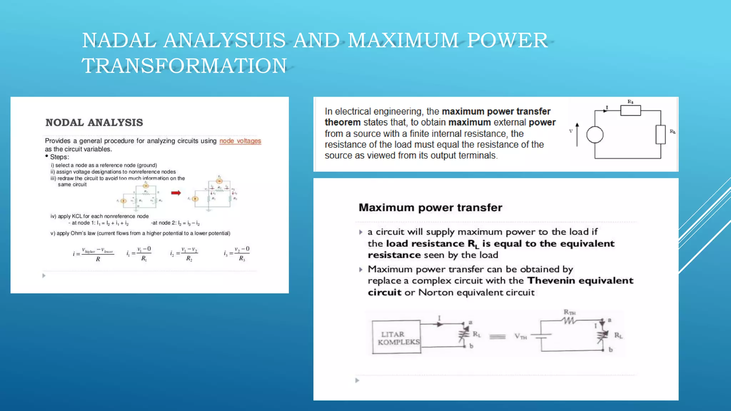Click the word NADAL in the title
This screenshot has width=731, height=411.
pyautogui.click(x=119, y=40)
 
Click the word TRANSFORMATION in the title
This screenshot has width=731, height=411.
pyautogui.click(x=184, y=66)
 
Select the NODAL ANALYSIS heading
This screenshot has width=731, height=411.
pyautogui.click(x=94, y=122)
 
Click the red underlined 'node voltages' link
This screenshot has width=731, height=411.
pyautogui.click(x=240, y=141)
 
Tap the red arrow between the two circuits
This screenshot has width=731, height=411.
pyautogui.click(x=176, y=193)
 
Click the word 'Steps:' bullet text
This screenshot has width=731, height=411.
pyautogui.click(x=59, y=157)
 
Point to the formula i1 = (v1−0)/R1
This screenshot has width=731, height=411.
pyautogui.click(x=139, y=254)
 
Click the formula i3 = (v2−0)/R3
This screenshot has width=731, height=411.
pyautogui.click(x=237, y=254)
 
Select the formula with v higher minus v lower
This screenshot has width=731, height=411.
pyautogui.click(x=93, y=254)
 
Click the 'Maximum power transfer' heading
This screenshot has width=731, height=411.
pyautogui.click(x=430, y=208)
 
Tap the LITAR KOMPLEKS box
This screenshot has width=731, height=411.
pyautogui.click(x=396, y=337)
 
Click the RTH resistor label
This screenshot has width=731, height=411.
pyautogui.click(x=569, y=313)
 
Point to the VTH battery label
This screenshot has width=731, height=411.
pyautogui.click(x=520, y=336)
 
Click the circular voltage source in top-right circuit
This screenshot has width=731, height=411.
pyautogui.click(x=595, y=135)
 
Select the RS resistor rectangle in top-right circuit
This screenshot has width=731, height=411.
pyautogui.click(x=630, y=111)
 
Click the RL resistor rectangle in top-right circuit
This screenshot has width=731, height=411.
pyautogui.click(x=660, y=135)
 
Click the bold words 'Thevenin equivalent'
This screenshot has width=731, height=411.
pyautogui.click(x=580, y=281)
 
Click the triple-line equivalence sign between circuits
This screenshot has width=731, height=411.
pyautogui.click(x=497, y=336)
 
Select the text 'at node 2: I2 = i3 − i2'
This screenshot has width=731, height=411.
pyautogui.click(x=175, y=223)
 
